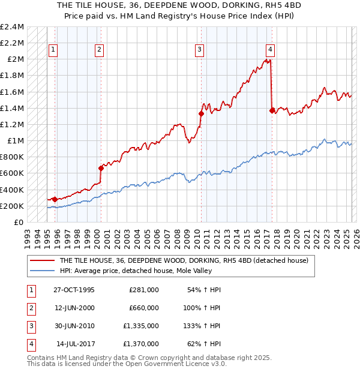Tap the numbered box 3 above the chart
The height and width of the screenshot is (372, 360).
pos(199,50)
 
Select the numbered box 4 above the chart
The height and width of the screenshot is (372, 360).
pos(271,50)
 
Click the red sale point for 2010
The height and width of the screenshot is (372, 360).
pos(202,113)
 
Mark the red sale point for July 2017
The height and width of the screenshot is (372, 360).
pos(272,110)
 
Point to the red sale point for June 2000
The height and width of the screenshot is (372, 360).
pos(101,168)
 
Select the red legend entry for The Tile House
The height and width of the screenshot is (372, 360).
pos(184,260)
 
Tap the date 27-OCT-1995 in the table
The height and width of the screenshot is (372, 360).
pos(74,290)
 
